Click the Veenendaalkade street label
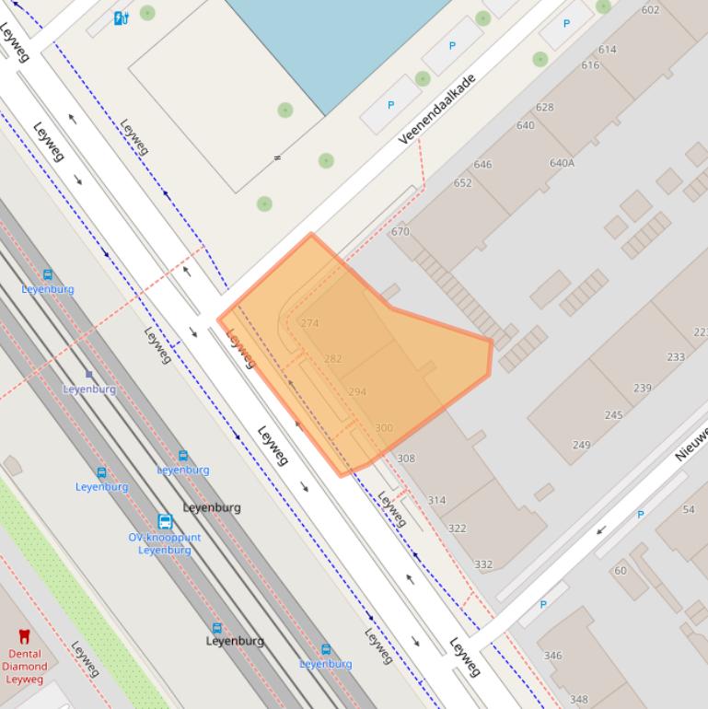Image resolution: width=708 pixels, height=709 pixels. pyautogui.click(x=437, y=110)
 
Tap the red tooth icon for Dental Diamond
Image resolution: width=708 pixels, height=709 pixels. pyautogui.click(x=25, y=636)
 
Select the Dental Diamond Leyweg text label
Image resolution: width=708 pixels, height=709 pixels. pyautogui.click(x=25, y=666)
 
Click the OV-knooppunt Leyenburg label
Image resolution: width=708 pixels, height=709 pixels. pyautogui.click(x=165, y=543)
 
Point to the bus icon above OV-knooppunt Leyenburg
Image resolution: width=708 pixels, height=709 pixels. pyautogui.click(x=165, y=522)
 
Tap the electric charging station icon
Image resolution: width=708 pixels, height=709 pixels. pyautogui.click(x=121, y=17)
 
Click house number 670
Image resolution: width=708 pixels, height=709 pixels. pyautogui.click(x=400, y=231)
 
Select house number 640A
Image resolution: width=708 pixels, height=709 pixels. pyautogui.click(x=562, y=163)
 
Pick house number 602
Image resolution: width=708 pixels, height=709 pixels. pyautogui.click(x=650, y=10)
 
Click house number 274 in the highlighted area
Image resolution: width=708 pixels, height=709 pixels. pyautogui.click(x=309, y=323)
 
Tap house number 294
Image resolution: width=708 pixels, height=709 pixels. pyautogui.click(x=357, y=391)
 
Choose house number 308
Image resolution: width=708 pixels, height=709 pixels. pyautogui.click(x=406, y=458)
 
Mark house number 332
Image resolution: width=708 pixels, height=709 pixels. pyautogui.click(x=483, y=564)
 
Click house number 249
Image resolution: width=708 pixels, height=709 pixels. pyautogui.click(x=581, y=445)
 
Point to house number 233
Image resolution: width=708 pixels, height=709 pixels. pyautogui.click(x=676, y=356)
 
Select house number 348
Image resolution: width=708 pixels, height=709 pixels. pyautogui.click(x=578, y=700)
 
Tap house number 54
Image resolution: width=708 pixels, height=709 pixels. pyautogui.click(x=689, y=509)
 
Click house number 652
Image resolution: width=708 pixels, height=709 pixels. pyautogui.click(x=463, y=182)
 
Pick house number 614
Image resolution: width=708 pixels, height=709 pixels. pyautogui.click(x=607, y=50)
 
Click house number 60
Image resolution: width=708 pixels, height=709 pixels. pyautogui.click(x=620, y=570)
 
